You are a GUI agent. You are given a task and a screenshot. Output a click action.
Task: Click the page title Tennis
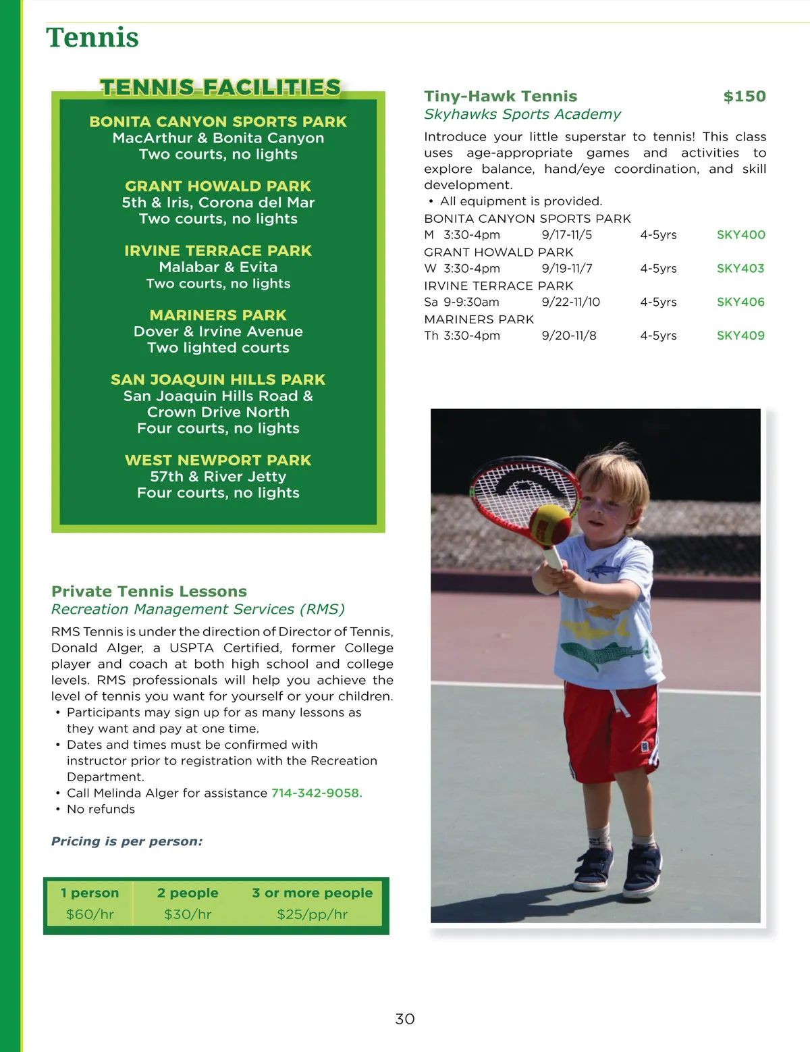92,38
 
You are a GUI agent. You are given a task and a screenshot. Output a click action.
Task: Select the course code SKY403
740,269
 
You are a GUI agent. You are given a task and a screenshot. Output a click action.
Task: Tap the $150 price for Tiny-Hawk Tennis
745,97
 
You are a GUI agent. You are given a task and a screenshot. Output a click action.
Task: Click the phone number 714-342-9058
317,793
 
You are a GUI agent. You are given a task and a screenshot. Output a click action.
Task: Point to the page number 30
405,1019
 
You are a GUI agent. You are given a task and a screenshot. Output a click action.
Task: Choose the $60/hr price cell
90,914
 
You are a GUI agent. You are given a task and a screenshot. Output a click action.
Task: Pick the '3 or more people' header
312,893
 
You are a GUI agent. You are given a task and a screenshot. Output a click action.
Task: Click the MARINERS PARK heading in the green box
218,315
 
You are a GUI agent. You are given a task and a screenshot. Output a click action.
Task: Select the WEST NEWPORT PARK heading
218,461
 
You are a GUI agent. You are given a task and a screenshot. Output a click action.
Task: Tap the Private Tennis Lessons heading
149,591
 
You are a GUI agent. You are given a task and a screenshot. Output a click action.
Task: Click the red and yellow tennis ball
549,524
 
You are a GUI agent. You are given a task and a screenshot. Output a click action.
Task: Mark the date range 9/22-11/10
570,302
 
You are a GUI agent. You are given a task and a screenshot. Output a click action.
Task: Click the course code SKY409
740,336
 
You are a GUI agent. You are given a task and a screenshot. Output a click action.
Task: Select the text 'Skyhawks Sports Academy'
522,114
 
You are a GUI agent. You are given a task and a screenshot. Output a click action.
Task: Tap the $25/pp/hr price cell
312,914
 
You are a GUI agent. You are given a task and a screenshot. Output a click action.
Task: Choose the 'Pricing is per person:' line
127,841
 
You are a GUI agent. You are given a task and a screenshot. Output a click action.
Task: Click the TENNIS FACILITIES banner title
220,88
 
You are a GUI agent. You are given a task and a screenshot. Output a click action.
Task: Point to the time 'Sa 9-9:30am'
462,302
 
